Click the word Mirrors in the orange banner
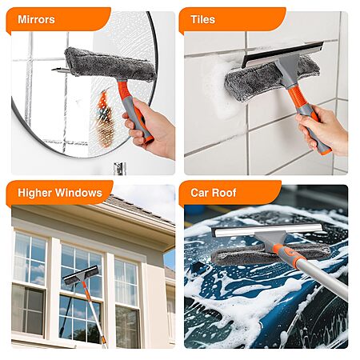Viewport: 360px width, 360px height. point(36,19)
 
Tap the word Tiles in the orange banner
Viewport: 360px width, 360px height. point(202,19)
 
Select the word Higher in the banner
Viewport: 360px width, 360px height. point(35,193)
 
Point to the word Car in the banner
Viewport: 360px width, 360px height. point(199,193)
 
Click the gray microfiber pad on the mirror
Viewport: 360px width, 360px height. point(110,64)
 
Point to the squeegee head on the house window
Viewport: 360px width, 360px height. point(81,274)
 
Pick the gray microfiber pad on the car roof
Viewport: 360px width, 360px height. point(270,254)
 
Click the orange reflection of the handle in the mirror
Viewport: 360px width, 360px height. point(104,118)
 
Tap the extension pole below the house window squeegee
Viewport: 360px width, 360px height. point(94,314)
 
